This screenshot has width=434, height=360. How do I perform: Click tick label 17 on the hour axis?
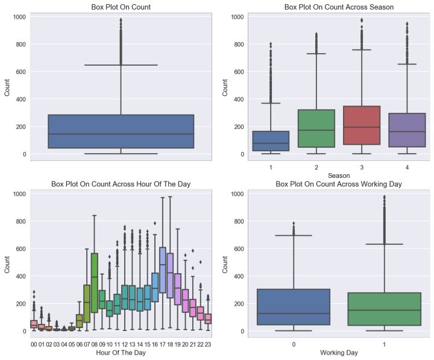pos(163,344)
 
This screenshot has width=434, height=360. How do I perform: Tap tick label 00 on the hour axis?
pos(34,344)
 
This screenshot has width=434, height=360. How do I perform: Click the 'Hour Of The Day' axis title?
pos(121,352)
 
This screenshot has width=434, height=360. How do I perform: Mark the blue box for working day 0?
pos(295,307)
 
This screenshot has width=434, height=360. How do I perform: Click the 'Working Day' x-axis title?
pos(338,352)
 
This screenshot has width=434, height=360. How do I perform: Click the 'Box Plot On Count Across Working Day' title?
pos(338,183)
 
